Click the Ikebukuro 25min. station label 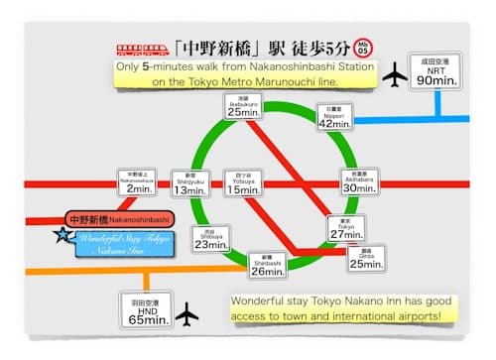[x=242, y=107]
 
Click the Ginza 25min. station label [x=367, y=258]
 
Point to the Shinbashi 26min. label [x=268, y=264]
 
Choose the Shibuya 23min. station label [x=207, y=239]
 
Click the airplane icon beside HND [x=186, y=315]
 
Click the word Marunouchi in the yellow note [x=280, y=80]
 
